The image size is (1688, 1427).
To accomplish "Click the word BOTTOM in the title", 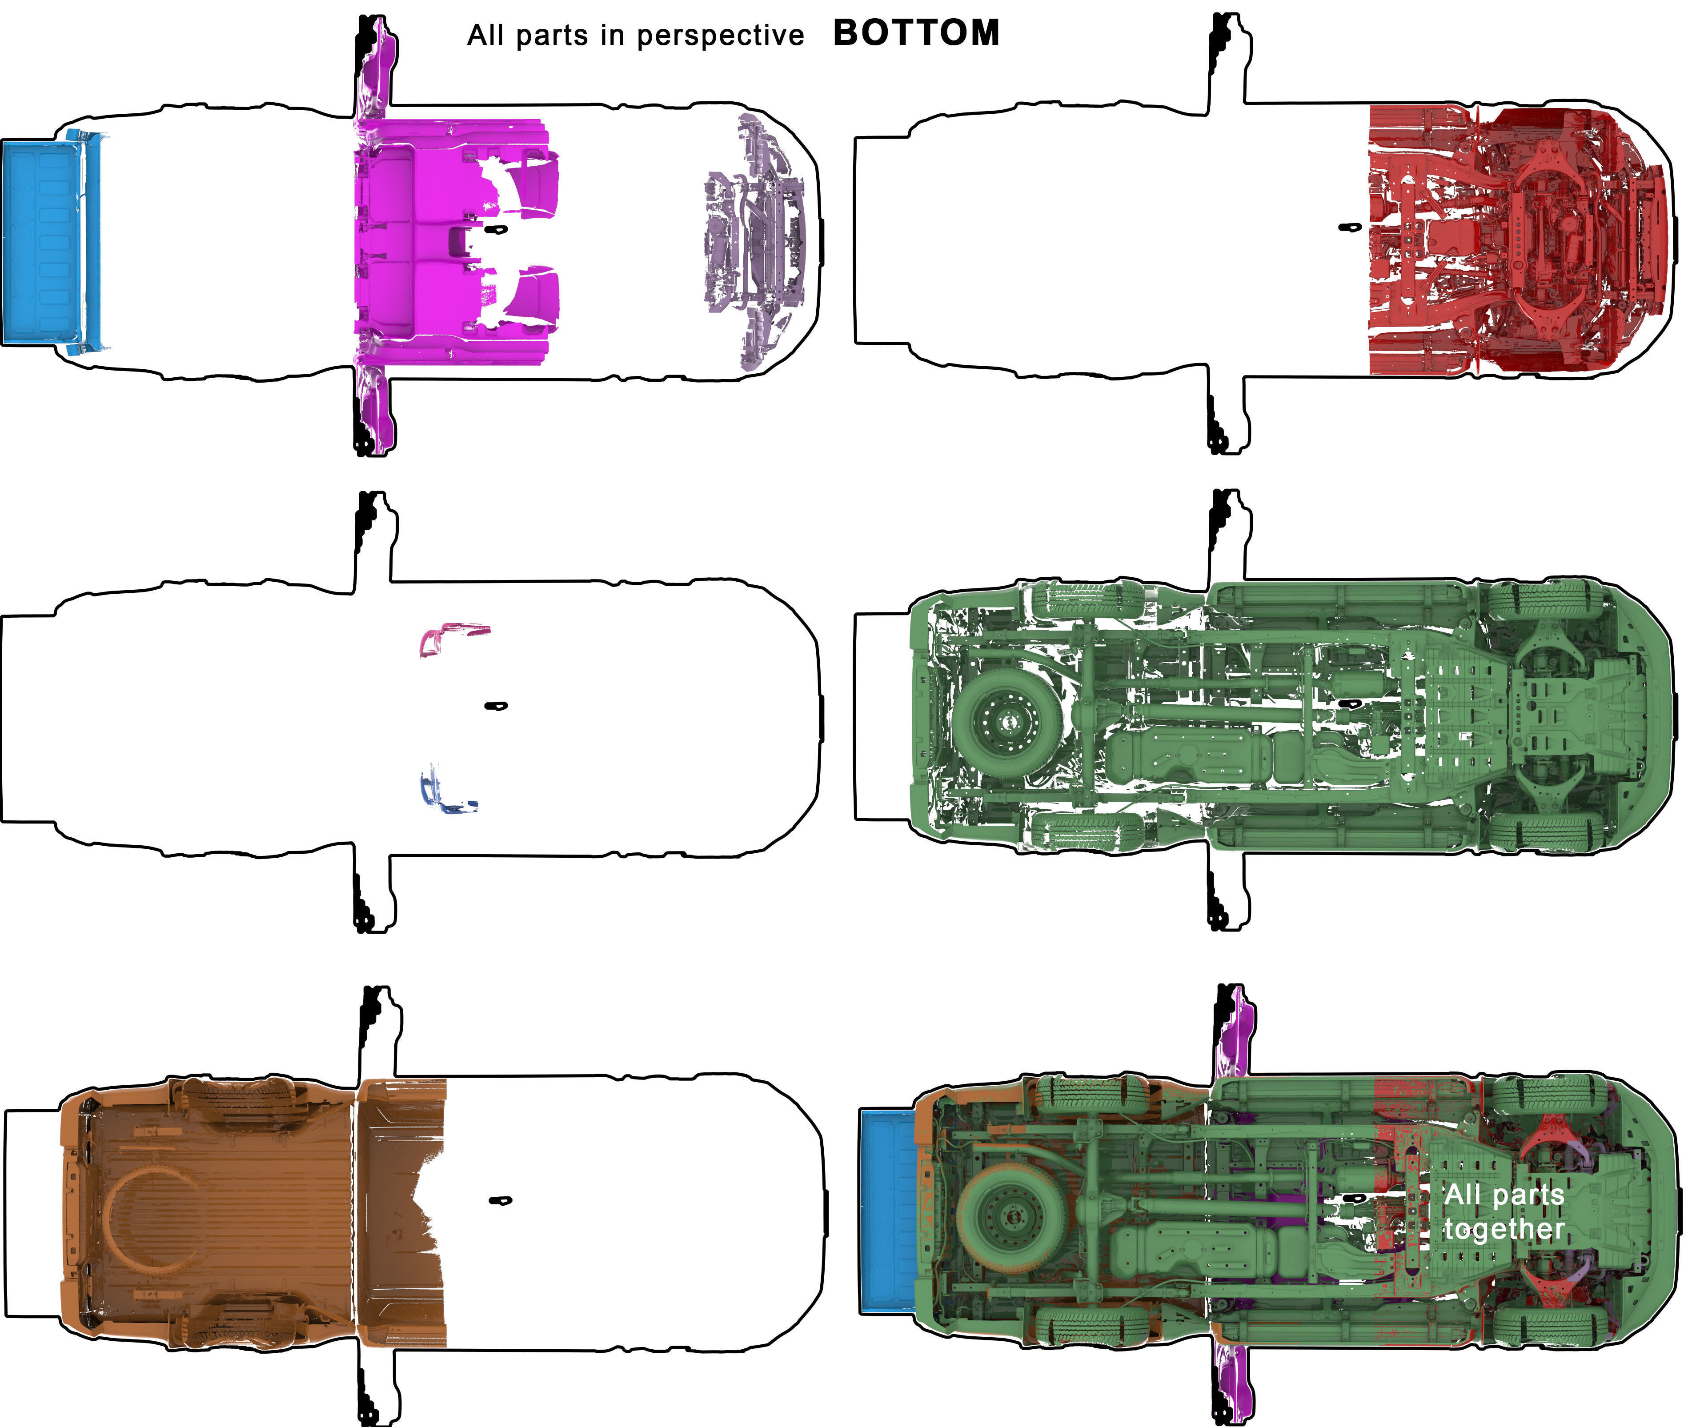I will click(916, 33).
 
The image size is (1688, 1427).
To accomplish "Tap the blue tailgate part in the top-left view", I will click(44, 240).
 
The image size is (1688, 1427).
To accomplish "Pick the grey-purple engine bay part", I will click(757, 243).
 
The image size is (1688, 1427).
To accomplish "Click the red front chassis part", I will click(1513, 240).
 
